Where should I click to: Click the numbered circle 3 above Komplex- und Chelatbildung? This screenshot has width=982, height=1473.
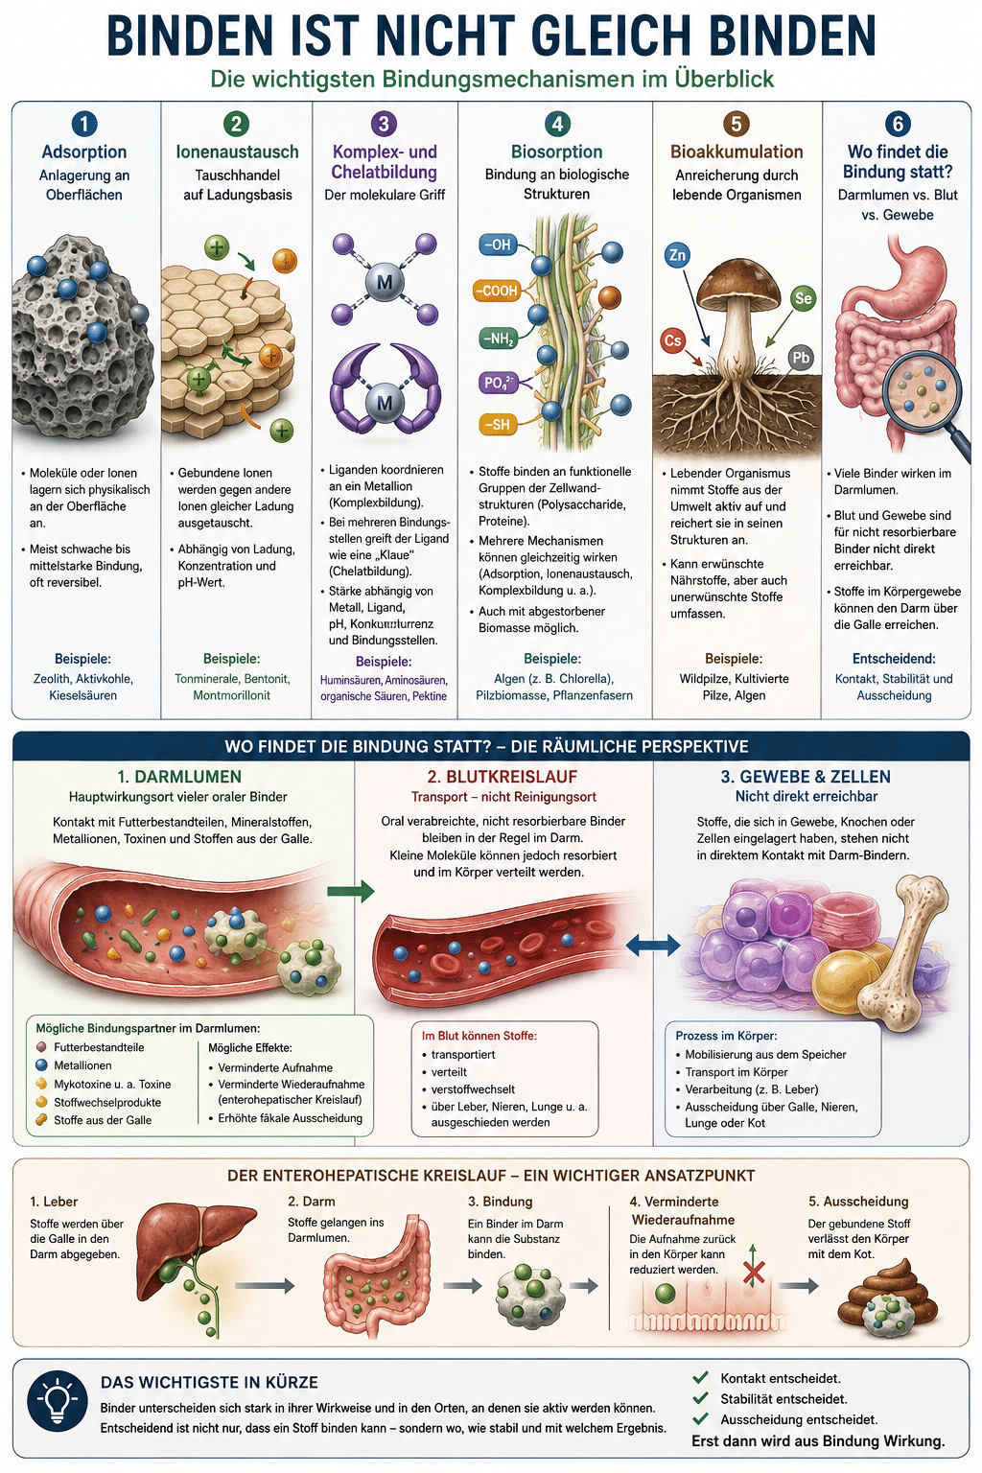pyautogui.click(x=384, y=124)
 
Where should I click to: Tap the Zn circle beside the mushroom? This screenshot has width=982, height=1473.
pyautogui.click(x=677, y=254)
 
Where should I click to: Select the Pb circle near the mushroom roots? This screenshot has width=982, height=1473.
pyautogui.click(x=801, y=358)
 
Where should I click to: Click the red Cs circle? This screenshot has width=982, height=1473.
pyautogui.click(x=672, y=340)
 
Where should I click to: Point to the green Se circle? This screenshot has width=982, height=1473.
pyautogui.click(x=803, y=298)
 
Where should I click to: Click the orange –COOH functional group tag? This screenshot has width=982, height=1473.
pyautogui.click(x=497, y=291)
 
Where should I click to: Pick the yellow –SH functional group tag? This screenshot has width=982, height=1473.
pyautogui.click(x=497, y=424)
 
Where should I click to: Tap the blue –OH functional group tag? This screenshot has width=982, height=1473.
pyautogui.click(x=498, y=245)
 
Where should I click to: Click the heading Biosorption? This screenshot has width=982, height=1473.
pyautogui.click(x=556, y=152)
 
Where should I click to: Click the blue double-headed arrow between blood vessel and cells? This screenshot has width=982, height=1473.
pyautogui.click(x=652, y=947)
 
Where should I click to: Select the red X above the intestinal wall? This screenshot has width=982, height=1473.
pyautogui.click(x=753, y=1274)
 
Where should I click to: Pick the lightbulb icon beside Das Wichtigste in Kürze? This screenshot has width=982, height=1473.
pyautogui.click(x=58, y=1407)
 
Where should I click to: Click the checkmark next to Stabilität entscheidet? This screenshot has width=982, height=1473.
pyautogui.click(x=701, y=1399)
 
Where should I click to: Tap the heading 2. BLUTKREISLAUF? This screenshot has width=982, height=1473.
pyautogui.click(x=502, y=777)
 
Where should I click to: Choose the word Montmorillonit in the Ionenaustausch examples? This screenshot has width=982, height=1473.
pyautogui.click(x=231, y=695)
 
